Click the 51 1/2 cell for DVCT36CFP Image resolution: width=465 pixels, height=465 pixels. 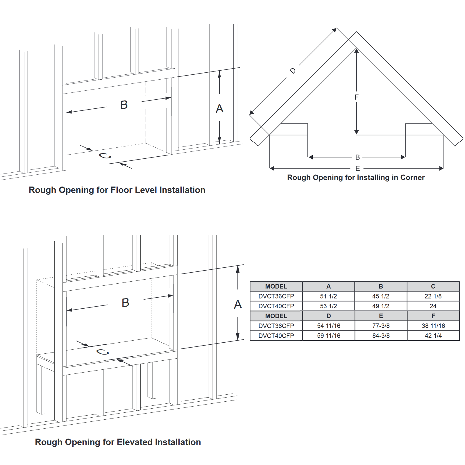(x=328, y=296)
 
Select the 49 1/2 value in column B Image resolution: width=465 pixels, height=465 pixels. (x=381, y=306)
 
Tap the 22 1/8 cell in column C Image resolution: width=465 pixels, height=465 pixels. (x=433, y=296)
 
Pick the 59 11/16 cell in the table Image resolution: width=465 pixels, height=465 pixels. (x=328, y=336)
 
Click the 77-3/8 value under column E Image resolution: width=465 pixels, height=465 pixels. (x=381, y=326)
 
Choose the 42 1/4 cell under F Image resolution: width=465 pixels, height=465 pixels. (x=433, y=336)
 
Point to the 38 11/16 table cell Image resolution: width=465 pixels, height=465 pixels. (x=433, y=326)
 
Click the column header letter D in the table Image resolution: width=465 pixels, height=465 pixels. (x=328, y=316)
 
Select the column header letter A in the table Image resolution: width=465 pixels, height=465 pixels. (x=328, y=286)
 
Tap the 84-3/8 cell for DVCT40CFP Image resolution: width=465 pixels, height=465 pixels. (x=381, y=336)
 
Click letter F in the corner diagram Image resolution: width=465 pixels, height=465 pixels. (x=357, y=97)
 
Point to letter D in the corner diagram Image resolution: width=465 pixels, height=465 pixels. (x=293, y=71)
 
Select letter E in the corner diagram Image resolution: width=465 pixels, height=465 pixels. (x=357, y=168)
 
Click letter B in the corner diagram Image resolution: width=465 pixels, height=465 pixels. (x=357, y=157)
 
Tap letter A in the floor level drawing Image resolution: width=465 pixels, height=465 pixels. (x=219, y=109)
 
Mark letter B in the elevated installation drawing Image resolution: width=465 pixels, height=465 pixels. (x=125, y=303)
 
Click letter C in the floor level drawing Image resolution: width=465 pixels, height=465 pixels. (x=105, y=156)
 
